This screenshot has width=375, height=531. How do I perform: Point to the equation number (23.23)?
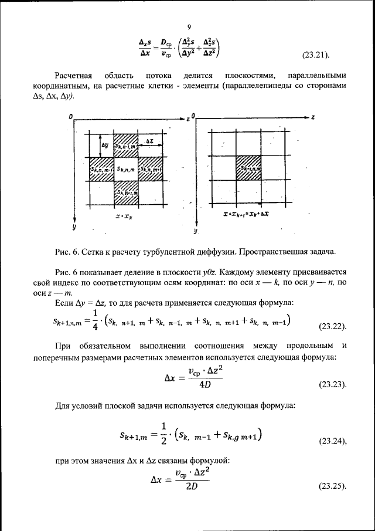pos(332,385)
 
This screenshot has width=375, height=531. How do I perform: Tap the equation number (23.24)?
pos(332,440)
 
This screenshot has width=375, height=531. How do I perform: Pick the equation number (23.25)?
pos(332,486)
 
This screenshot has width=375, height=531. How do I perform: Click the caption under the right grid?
pos(247,216)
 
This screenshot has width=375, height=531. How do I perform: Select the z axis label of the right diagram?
pos(313,117)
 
